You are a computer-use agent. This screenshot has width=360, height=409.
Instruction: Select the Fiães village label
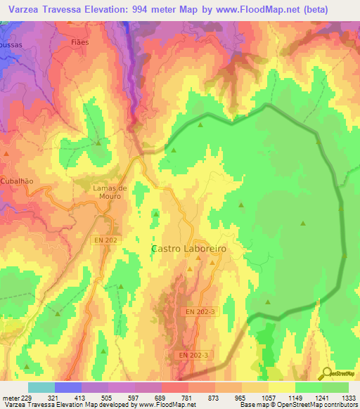coord(81,42)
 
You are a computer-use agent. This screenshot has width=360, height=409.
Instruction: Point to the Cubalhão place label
coord(17,181)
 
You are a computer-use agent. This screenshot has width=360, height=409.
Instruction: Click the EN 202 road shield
coord(103,240)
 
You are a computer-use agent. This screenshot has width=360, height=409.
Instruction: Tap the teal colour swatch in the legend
coord(41,387)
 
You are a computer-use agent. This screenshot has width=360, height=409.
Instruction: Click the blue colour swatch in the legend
coord(67,387)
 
